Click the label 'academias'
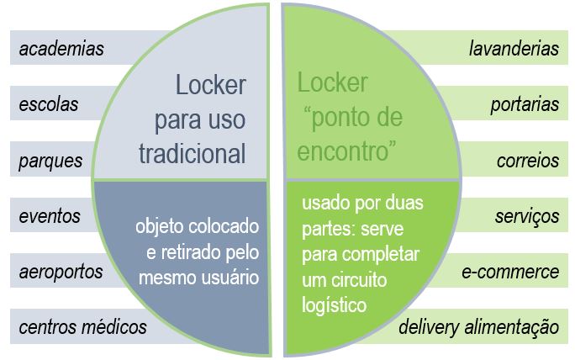(61, 49)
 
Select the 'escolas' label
(49, 104)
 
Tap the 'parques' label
(51, 160)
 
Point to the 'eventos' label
(50, 216)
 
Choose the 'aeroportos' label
(61, 272)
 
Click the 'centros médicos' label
(82, 327)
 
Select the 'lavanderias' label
(514, 49)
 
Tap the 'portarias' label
(525, 104)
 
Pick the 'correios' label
(527, 160)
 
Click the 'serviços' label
(527, 216)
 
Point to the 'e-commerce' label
(510, 272)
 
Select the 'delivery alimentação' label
(478, 327)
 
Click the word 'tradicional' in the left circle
(193, 153)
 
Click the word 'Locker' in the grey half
(210, 85)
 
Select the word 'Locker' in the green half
(333, 83)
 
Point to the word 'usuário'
(229, 275)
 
